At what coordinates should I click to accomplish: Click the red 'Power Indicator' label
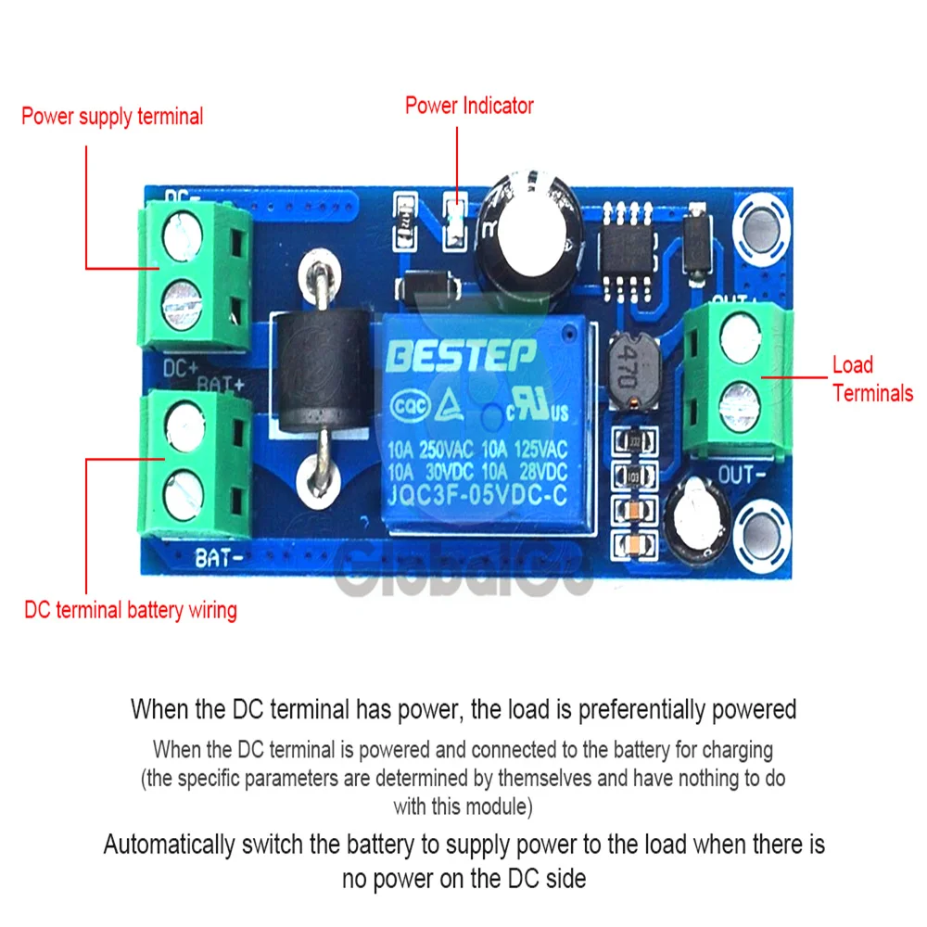pyautogui.click(x=469, y=106)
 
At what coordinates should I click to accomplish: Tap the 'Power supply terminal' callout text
pyautogui.click(x=112, y=117)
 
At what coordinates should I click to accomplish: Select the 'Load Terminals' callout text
pyautogui.click(x=871, y=379)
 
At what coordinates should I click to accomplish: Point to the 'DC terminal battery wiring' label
pyautogui.click(x=130, y=610)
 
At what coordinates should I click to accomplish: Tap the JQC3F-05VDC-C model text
pyautogui.click(x=477, y=495)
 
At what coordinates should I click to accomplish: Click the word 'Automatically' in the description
pyautogui.click(x=168, y=844)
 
